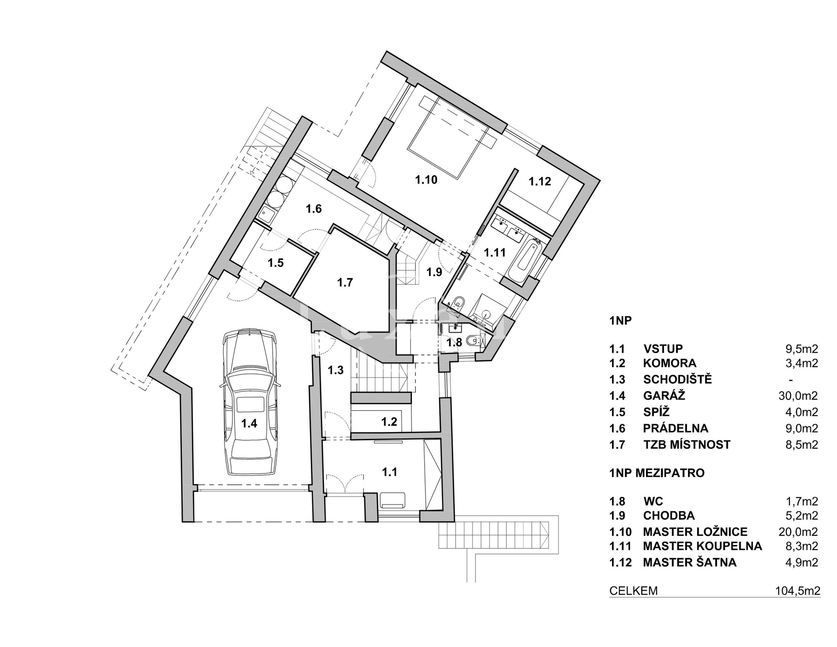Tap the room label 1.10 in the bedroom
click(426, 180)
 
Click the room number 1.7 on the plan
click(345, 283)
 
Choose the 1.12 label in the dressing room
click(540, 181)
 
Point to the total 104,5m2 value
click(797, 591)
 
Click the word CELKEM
click(633, 591)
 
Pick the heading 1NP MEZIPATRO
click(657, 473)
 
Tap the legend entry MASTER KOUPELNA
click(702, 546)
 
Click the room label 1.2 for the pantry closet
click(389, 422)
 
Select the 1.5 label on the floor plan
click(276, 263)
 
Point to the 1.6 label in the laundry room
click(313, 209)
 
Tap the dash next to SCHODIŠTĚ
click(791, 380)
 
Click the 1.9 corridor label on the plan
click(434, 272)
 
